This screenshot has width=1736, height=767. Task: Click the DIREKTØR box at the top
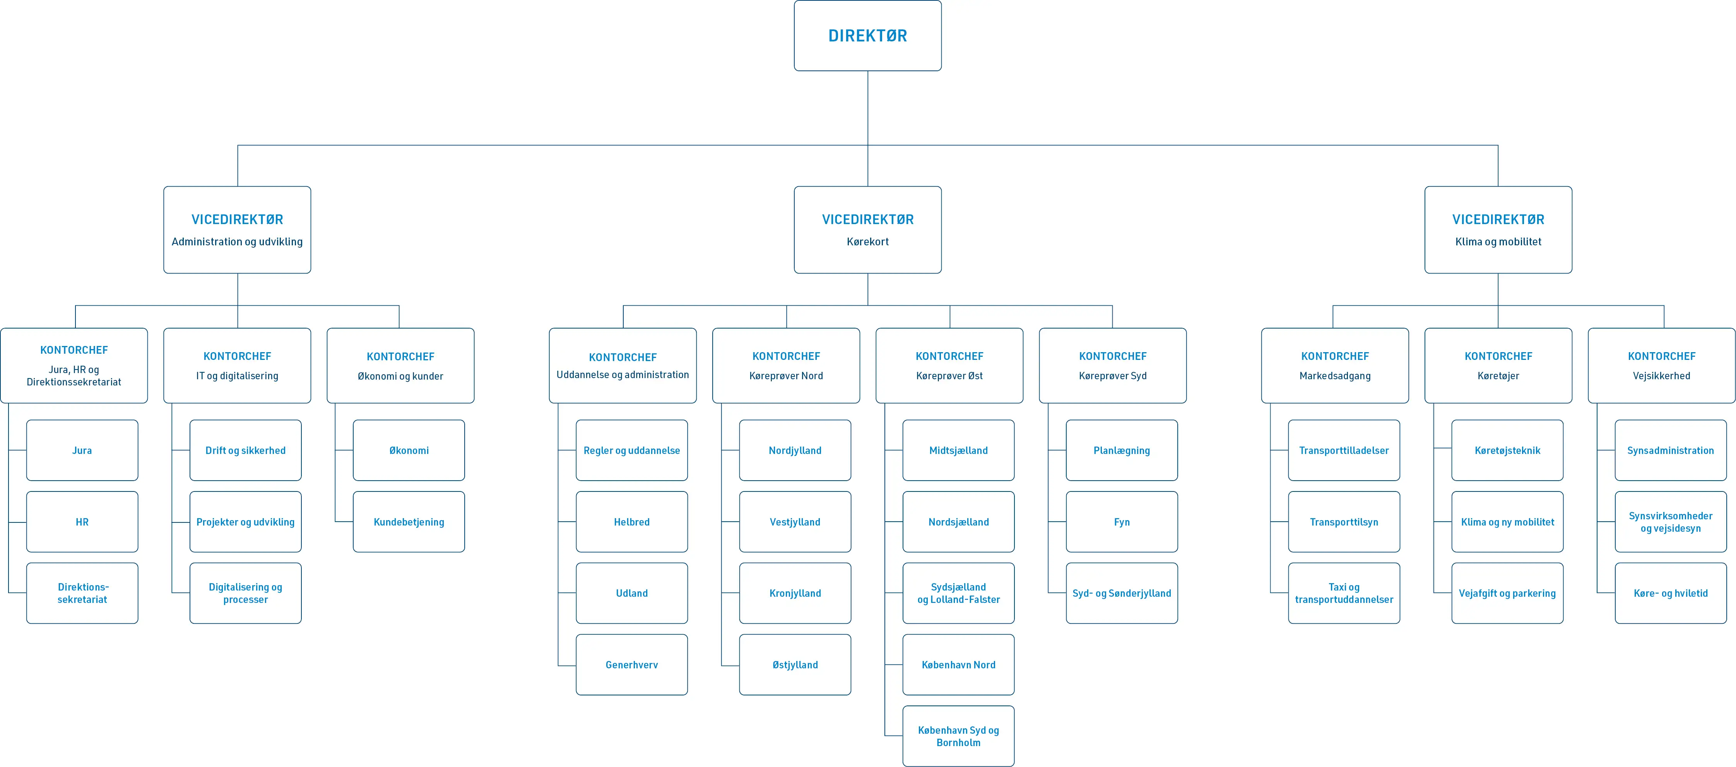coord(867,36)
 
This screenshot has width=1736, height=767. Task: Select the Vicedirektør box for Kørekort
coord(867,230)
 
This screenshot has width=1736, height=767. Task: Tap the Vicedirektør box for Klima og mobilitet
coord(1497,230)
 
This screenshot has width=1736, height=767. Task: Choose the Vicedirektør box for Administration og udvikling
coord(237,230)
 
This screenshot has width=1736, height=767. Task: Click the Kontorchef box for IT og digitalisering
coord(237,365)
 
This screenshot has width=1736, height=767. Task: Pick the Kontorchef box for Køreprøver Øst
coord(949,365)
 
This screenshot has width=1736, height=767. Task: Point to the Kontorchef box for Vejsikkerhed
coord(1661,365)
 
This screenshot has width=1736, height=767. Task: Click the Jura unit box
coord(82,450)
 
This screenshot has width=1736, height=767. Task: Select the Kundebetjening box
coord(409,522)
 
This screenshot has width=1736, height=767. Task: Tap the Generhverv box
coord(631,664)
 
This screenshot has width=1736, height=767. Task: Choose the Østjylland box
coord(795,664)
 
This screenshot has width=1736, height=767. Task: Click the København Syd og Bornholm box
coord(958,736)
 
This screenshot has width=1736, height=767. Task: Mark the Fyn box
coord(1121,522)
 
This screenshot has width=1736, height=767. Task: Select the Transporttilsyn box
coord(1344,522)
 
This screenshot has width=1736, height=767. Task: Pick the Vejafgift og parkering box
coord(1507,593)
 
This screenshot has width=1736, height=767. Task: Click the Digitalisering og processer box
coord(245,593)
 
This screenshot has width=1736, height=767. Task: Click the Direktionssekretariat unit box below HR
coord(82,593)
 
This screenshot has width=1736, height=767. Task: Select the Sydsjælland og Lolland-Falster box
coord(958,593)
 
